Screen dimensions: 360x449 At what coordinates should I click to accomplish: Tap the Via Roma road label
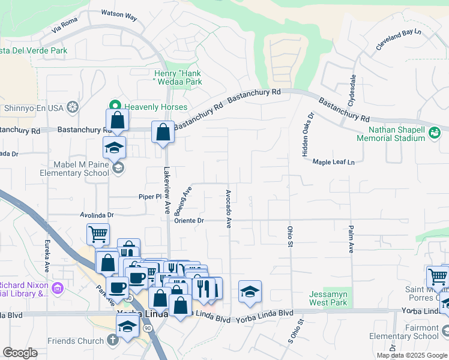tap(65, 24)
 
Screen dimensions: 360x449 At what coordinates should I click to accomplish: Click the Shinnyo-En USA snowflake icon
tap(73, 108)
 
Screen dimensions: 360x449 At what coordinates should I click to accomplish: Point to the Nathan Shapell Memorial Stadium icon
tap(435, 133)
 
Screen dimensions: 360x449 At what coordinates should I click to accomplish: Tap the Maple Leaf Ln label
tap(334, 162)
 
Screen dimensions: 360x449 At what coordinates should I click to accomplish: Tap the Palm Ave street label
tap(351, 239)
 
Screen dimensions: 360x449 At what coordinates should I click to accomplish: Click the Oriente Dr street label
tap(190, 220)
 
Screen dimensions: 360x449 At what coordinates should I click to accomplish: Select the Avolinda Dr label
tap(97, 214)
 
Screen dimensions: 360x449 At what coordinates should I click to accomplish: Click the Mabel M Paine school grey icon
tap(119, 168)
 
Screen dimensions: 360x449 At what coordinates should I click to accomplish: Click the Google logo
tap(20, 353)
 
